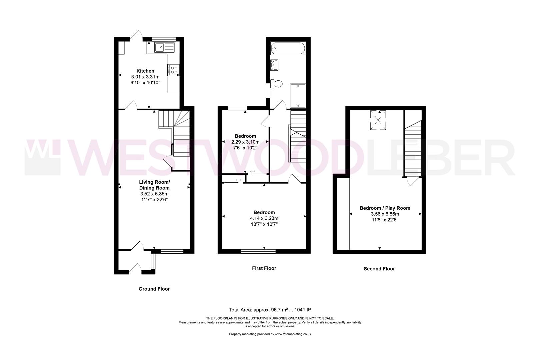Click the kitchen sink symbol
[x=165, y=47]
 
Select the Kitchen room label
[x=145, y=71]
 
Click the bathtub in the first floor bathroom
[x=288, y=48]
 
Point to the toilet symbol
[x=276, y=84]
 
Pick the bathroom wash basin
[x=274, y=65]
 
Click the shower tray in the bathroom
[x=298, y=96]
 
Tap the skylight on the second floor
[x=378, y=120]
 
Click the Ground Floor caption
[x=154, y=289]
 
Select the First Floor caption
[x=264, y=268]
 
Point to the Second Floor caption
[x=379, y=269]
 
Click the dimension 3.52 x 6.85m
[x=154, y=194]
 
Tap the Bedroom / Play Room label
[x=385, y=208]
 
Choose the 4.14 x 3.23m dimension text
[x=264, y=218]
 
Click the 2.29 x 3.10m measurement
[x=245, y=142]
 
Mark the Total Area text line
[x=270, y=310]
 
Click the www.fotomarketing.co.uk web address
[x=293, y=334]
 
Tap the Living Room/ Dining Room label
[x=154, y=185]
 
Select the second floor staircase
[x=413, y=149]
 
